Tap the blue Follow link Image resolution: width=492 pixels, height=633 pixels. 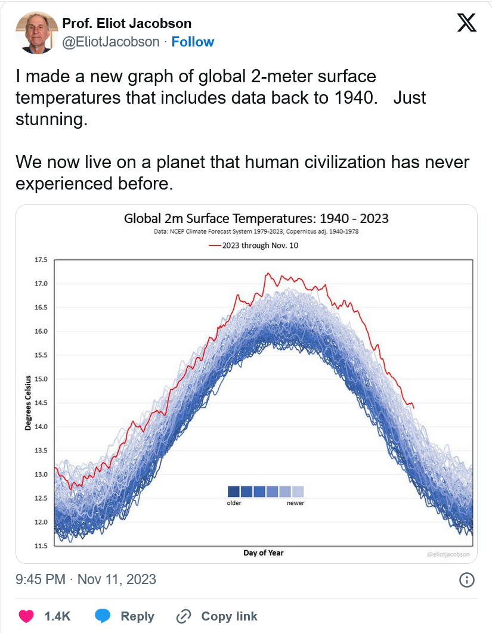(x=193, y=42)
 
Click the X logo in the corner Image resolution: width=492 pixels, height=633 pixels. (x=466, y=23)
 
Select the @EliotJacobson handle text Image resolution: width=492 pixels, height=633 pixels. (x=111, y=42)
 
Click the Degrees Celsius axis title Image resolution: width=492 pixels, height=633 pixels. (x=28, y=404)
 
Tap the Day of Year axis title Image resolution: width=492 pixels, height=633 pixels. (x=264, y=553)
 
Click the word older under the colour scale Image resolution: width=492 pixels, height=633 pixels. (x=234, y=503)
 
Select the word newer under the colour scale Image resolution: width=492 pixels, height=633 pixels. (x=295, y=503)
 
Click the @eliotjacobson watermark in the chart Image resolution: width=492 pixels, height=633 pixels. (x=448, y=554)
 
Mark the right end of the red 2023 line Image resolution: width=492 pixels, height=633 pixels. (x=414, y=408)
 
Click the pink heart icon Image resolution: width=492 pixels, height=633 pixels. (x=25, y=616)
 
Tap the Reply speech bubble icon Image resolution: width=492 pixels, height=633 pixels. (x=103, y=616)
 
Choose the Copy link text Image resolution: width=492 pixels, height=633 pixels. (x=229, y=616)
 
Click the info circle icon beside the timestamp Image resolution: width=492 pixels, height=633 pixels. (x=467, y=579)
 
